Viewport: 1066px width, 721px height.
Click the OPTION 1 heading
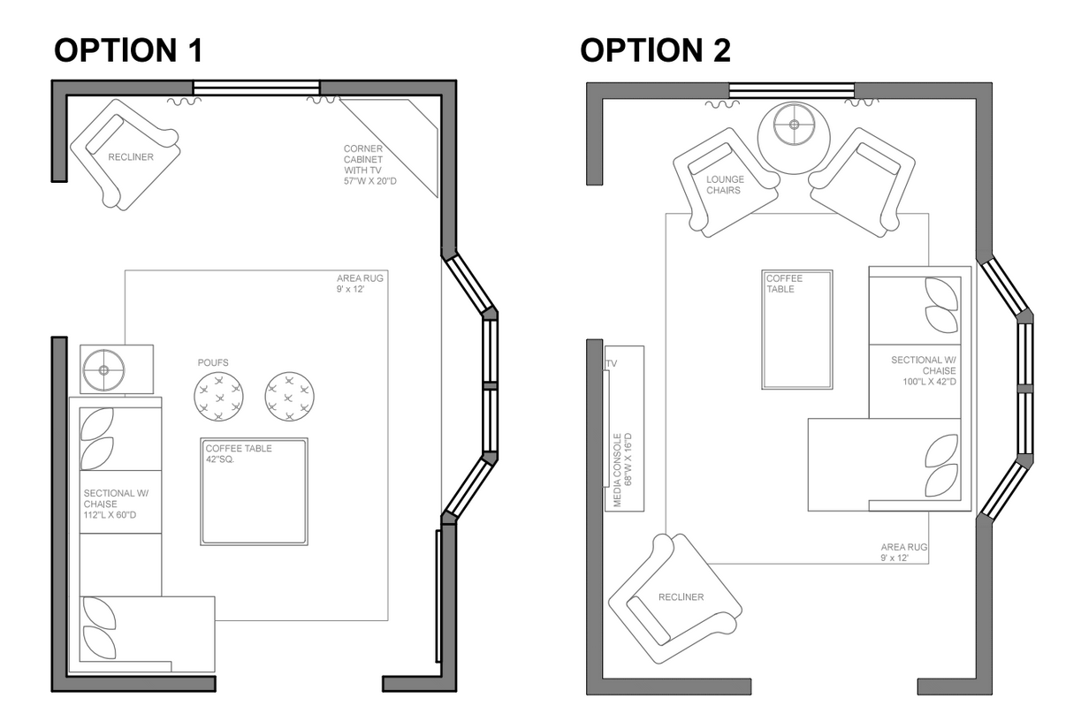click(128, 50)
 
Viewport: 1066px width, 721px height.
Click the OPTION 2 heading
click(655, 50)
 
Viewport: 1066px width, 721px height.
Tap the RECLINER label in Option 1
click(131, 157)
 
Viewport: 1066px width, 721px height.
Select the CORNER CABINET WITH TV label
click(369, 164)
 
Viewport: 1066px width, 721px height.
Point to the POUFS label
click(213, 362)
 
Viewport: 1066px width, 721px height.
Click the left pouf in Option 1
click(218, 396)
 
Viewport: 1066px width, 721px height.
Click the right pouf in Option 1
click(289, 396)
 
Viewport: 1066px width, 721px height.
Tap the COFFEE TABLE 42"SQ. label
click(239, 453)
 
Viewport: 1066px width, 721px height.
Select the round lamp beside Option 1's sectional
click(103, 370)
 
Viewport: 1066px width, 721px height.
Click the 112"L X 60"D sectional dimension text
click(110, 515)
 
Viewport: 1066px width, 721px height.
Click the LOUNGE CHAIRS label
click(725, 185)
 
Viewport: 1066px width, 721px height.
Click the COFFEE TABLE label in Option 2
click(784, 284)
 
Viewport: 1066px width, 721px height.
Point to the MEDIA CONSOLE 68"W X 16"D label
click(623, 470)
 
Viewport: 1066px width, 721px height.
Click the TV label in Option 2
click(612, 363)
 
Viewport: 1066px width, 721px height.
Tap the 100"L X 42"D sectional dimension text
click(929, 382)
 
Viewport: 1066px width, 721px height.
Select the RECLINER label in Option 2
click(681, 597)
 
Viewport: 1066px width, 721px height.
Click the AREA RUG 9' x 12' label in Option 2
click(903, 552)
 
